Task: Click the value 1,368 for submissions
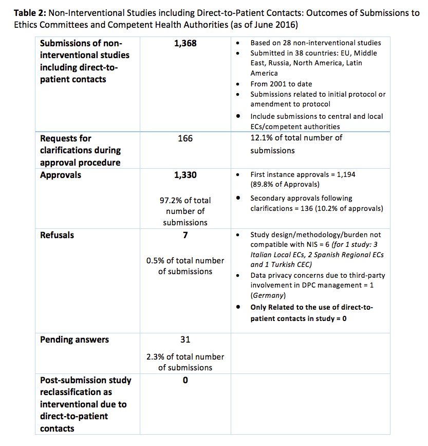point(185,44)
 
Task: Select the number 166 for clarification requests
point(185,138)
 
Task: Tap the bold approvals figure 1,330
point(185,175)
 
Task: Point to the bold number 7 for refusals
point(185,235)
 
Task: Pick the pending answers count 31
point(185,340)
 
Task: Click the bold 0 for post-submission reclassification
point(185,380)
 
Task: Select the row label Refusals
point(57,235)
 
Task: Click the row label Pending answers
point(75,340)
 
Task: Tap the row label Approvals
point(61,175)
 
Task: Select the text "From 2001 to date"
point(281,84)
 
